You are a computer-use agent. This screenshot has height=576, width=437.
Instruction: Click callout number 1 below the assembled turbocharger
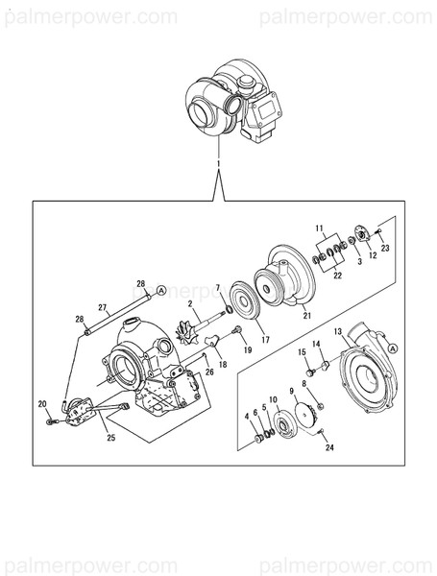tap(220, 165)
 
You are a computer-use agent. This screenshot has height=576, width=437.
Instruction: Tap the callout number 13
tap(337, 333)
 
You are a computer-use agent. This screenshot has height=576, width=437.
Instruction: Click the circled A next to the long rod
tap(161, 289)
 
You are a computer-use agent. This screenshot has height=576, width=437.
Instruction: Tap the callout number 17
tap(265, 338)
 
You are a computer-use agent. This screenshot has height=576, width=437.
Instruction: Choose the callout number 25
tap(110, 438)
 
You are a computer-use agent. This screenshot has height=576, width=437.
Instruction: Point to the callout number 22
tap(337, 276)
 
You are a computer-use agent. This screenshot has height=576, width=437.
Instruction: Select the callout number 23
tap(385, 248)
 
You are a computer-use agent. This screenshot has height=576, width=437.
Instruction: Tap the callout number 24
tap(329, 447)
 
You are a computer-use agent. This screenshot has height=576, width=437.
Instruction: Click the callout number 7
tap(218, 287)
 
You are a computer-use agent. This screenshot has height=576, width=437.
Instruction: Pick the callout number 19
tap(247, 352)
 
